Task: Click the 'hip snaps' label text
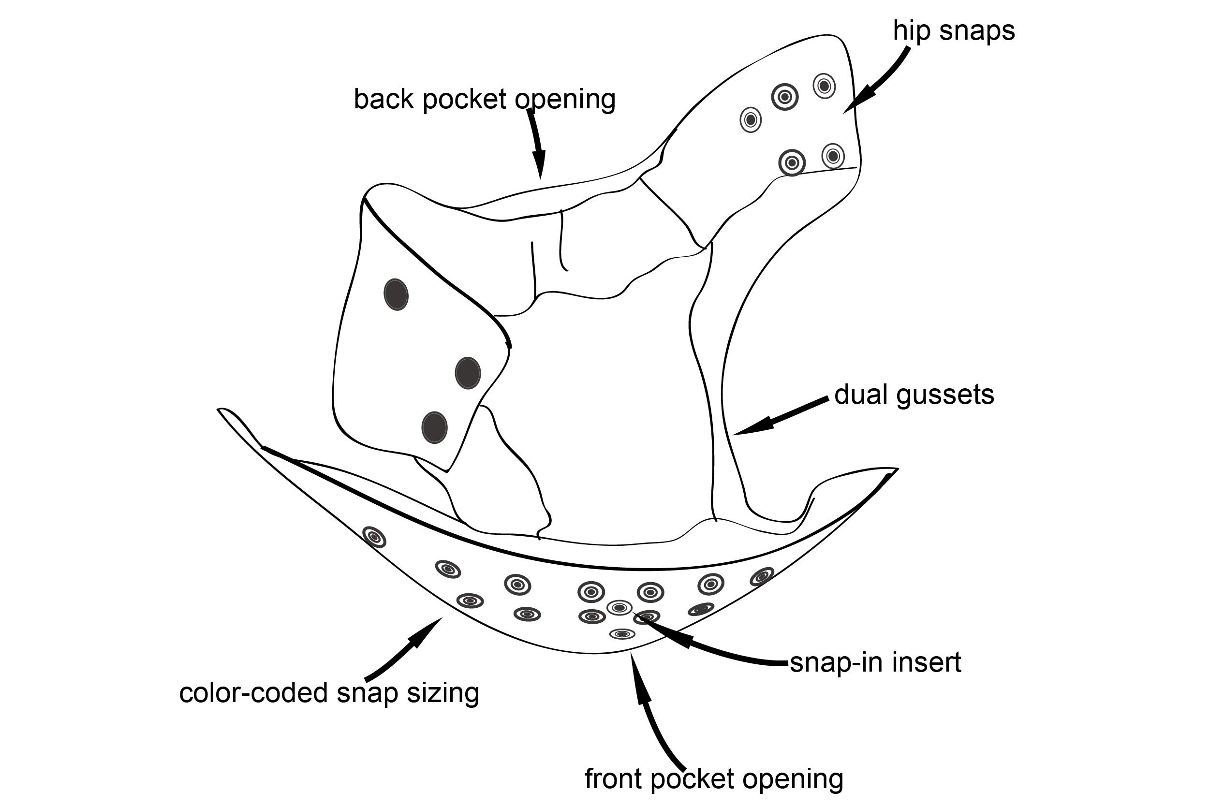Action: click(954, 31)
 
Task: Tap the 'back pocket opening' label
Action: click(485, 99)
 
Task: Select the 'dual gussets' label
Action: click(914, 395)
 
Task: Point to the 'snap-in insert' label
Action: click(875, 662)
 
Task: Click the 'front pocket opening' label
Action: click(714, 779)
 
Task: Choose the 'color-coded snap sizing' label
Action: click(329, 693)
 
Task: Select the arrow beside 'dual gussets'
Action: click(781, 416)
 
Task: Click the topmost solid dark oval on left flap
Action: click(396, 294)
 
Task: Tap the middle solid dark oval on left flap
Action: click(468, 373)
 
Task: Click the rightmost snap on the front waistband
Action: click(762, 577)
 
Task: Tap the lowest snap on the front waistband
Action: click(622, 634)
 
